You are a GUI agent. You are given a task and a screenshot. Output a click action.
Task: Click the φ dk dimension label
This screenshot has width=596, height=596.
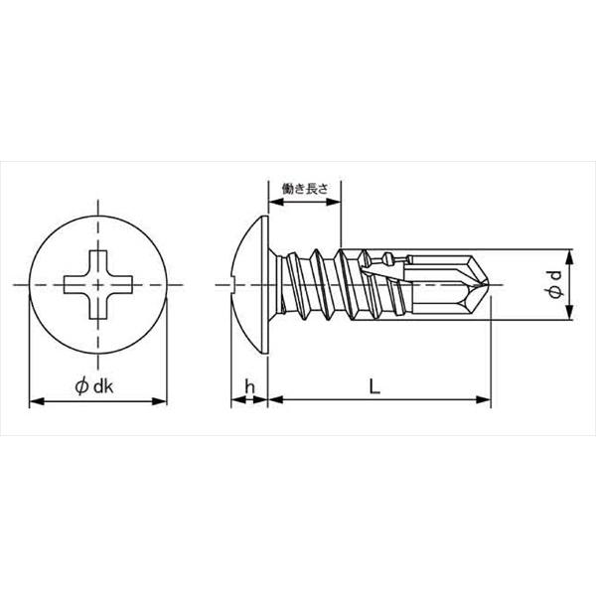[94, 386]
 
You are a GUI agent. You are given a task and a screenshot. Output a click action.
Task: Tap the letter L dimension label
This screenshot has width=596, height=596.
[374, 386]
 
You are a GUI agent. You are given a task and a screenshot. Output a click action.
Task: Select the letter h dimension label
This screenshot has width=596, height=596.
[249, 387]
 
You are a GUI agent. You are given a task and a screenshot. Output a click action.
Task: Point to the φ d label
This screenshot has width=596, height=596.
[555, 284]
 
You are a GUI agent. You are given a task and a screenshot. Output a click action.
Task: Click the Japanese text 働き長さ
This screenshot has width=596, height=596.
[305, 189]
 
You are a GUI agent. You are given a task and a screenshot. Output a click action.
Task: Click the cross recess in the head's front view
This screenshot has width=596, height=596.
[98, 284]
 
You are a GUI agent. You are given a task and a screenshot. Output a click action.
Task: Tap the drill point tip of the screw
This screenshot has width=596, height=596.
[490, 284]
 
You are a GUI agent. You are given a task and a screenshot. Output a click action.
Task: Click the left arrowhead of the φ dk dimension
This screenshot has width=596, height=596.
[37, 401]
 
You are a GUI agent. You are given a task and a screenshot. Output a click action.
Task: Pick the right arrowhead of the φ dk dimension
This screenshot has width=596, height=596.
[159, 401]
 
